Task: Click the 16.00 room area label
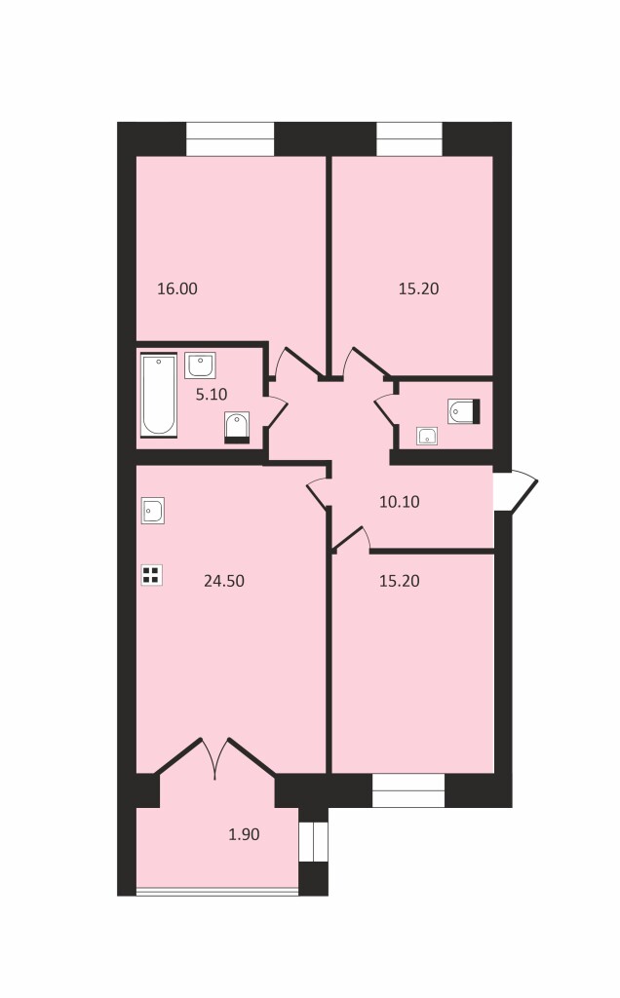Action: pyautogui.click(x=177, y=288)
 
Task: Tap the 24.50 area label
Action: pyautogui.click(x=224, y=581)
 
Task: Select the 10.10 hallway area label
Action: pyautogui.click(x=399, y=502)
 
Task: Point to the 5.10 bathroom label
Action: pyautogui.click(x=212, y=394)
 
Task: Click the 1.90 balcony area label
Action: pyautogui.click(x=244, y=834)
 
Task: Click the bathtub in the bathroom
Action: pyautogui.click(x=159, y=396)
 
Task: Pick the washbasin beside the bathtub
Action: pyautogui.click(x=201, y=365)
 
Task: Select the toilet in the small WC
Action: pyautogui.click(x=463, y=411)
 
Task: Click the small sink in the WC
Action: pyautogui.click(x=427, y=436)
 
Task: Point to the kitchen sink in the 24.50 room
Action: pyautogui.click(x=153, y=511)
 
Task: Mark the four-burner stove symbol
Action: pyautogui.click(x=151, y=575)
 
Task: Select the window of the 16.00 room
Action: pyautogui.click(x=230, y=138)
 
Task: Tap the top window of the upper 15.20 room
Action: pyautogui.click(x=409, y=138)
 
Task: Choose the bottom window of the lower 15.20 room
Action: pyautogui.click(x=408, y=790)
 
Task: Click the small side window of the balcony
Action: pyautogui.click(x=313, y=841)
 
